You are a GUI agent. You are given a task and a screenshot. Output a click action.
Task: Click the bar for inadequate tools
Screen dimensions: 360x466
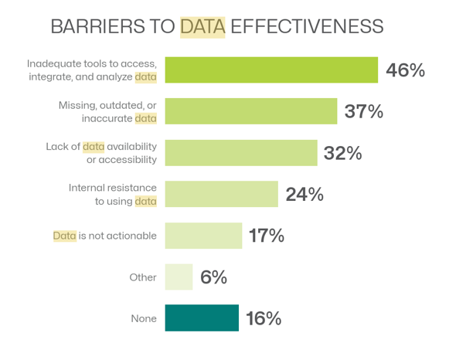[270, 70]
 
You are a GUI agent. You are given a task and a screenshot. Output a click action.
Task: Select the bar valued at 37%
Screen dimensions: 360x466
[250, 111]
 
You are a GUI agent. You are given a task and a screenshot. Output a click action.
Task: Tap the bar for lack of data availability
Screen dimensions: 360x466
[241, 153]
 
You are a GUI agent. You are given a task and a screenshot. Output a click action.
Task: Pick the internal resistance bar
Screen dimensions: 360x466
[221, 194]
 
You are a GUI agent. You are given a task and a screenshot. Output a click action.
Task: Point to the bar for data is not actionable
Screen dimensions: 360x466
[203, 236]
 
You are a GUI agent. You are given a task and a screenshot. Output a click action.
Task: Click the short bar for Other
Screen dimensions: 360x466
[179, 277]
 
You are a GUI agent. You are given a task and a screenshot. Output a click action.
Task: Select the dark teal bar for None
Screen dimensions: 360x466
[202, 318]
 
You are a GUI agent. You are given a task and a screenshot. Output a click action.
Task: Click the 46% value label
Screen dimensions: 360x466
[406, 70]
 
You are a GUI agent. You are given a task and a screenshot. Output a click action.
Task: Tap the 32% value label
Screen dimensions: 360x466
[343, 153]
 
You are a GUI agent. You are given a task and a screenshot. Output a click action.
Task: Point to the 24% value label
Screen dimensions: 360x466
[304, 195]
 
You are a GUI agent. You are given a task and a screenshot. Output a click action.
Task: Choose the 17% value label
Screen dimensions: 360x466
[267, 236]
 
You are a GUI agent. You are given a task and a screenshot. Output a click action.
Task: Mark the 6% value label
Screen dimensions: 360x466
[213, 277]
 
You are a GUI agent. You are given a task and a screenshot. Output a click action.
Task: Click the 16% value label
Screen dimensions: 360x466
[264, 318]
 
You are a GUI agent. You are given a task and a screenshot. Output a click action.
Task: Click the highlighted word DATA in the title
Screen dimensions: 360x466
[202, 26]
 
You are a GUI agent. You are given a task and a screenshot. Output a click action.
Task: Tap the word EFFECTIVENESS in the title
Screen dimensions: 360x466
[307, 26]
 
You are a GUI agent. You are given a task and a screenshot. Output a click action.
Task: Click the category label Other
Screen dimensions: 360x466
[143, 277]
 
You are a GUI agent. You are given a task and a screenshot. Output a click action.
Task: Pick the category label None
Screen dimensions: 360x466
[144, 318]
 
